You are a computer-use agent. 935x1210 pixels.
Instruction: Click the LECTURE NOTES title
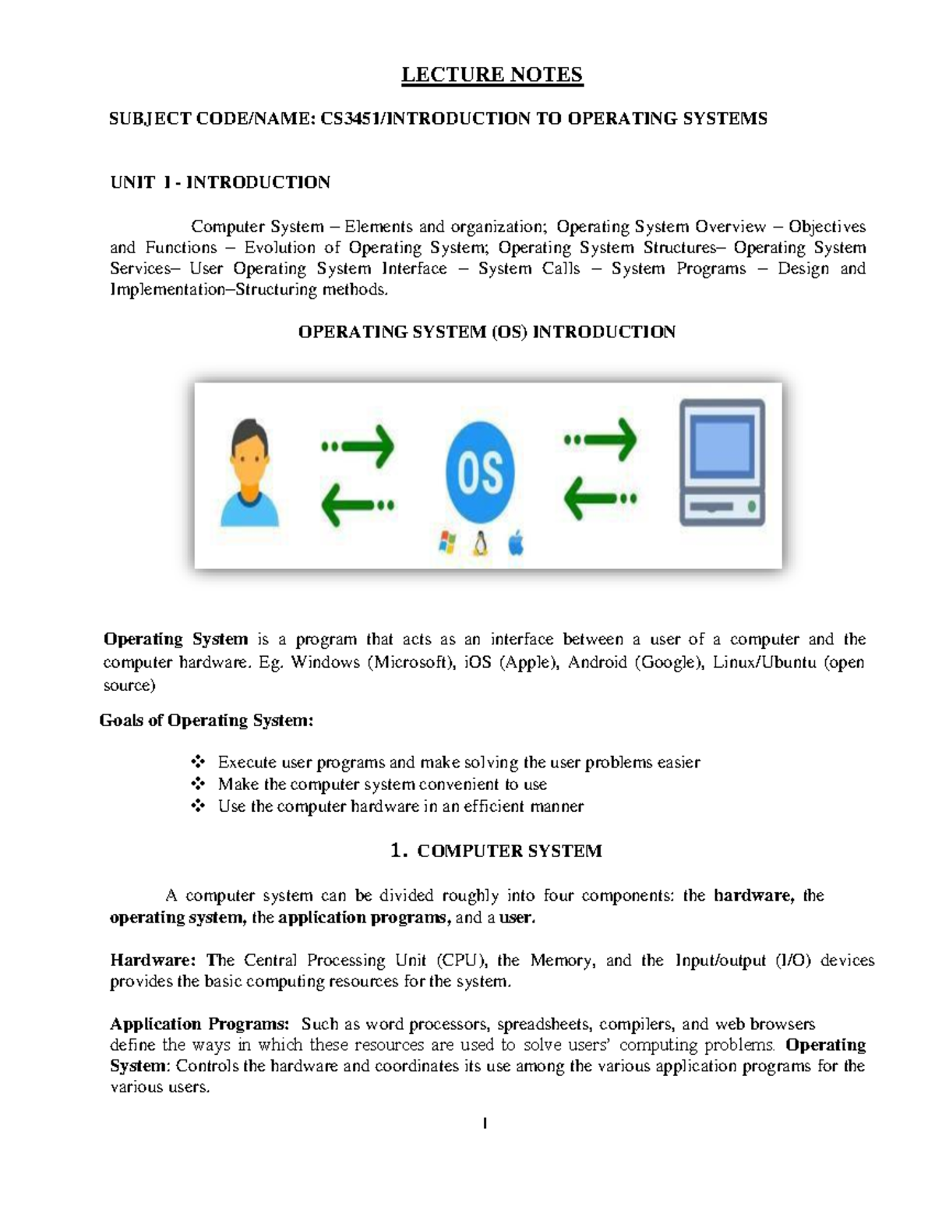point(492,75)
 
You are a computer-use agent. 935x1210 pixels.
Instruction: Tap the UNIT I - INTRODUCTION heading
point(220,182)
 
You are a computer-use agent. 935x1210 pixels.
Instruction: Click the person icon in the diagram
point(249,473)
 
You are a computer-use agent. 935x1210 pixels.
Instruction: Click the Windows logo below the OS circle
point(446,542)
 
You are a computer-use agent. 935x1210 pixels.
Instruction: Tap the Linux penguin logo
point(481,542)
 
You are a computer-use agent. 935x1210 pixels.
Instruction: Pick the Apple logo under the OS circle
point(515,542)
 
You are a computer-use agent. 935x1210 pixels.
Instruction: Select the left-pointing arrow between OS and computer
point(599,497)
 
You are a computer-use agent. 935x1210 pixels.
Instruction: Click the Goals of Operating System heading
point(206,721)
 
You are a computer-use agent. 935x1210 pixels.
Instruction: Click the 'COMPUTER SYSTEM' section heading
point(509,851)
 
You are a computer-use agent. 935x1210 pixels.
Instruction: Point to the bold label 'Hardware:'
point(153,960)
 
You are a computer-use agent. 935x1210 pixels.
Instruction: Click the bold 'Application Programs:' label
point(199,1024)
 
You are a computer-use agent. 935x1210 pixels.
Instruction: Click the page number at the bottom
point(485,1124)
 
